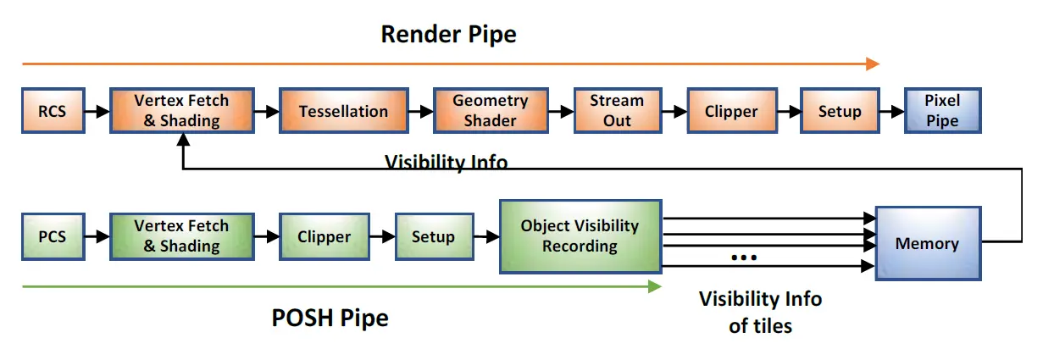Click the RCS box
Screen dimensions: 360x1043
(52, 111)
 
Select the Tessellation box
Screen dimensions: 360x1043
(343, 111)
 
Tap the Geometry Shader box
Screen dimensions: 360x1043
(490, 111)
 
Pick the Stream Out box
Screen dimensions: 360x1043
(617, 111)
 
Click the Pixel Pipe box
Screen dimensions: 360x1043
(942, 111)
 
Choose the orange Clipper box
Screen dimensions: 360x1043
(731, 111)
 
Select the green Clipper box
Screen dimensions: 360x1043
(324, 237)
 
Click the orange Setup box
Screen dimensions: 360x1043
(840, 111)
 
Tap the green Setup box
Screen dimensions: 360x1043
(433, 237)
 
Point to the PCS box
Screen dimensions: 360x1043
(52, 237)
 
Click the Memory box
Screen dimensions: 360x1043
(927, 243)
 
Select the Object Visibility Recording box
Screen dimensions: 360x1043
(580, 236)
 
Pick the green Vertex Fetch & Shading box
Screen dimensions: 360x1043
(181, 237)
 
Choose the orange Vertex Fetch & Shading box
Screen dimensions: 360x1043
(181, 111)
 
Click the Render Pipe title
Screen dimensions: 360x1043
(448, 34)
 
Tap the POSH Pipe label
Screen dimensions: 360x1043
(330, 318)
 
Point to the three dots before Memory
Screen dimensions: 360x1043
(743, 257)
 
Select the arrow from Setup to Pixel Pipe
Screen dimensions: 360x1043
(891, 111)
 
